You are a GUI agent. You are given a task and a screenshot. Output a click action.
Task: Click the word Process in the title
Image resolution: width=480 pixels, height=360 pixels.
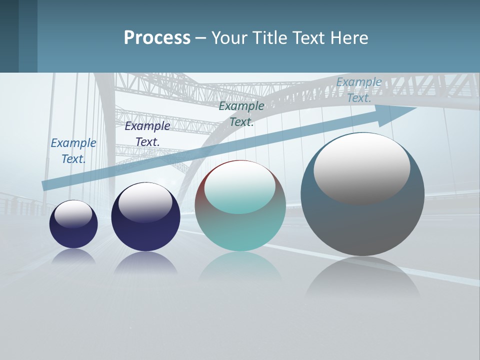[x=157, y=38]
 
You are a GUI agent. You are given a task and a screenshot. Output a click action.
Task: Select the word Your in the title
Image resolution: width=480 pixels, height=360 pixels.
[x=229, y=38]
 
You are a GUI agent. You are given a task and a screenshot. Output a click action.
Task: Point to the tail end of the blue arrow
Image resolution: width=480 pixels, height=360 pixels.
[x=45, y=185]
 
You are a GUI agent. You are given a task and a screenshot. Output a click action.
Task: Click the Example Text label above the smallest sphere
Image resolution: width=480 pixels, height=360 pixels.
[x=73, y=151]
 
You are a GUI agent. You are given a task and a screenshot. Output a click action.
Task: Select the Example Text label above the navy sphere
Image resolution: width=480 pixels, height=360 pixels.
[x=147, y=134]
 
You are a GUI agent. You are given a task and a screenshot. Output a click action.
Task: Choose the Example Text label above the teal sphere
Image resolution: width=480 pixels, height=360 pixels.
[x=241, y=113]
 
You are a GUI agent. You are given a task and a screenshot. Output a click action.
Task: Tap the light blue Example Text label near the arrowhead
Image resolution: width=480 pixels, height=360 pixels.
[x=359, y=90]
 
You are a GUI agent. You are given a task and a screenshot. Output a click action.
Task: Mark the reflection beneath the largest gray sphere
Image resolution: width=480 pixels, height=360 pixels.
[x=362, y=277]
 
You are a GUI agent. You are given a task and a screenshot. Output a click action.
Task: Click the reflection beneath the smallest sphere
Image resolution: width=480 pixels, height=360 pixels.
[x=73, y=256]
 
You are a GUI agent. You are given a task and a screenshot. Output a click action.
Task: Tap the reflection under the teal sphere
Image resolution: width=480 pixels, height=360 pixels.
[x=240, y=270]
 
